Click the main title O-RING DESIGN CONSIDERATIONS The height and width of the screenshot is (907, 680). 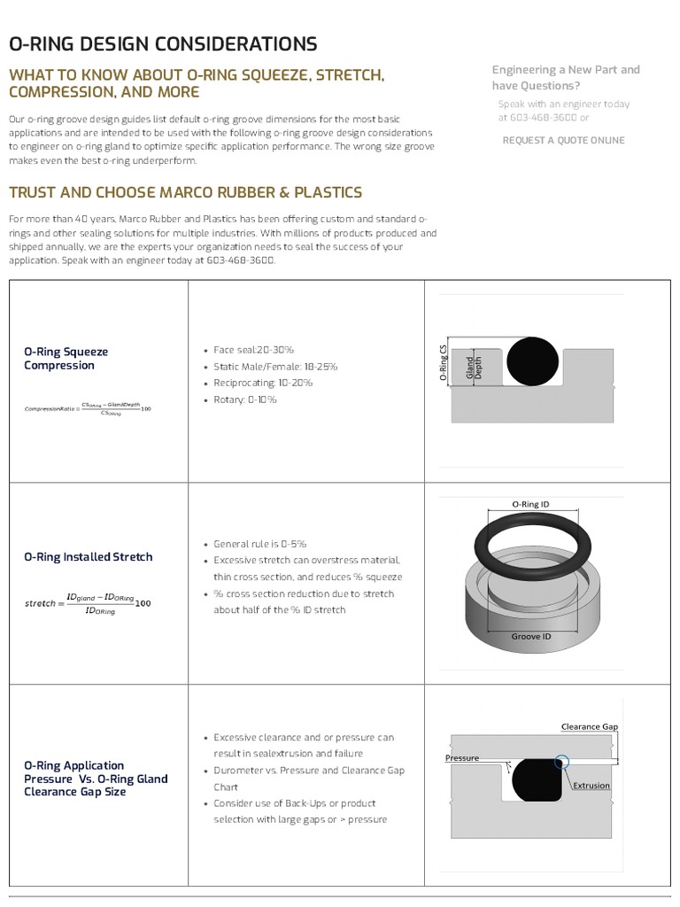click(x=163, y=44)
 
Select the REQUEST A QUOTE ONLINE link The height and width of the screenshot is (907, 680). click(x=563, y=140)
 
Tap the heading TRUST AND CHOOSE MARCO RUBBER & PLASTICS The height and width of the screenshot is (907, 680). click(x=185, y=192)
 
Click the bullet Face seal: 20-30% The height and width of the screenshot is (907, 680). click(x=253, y=350)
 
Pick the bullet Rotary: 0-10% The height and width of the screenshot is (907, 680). click(x=244, y=399)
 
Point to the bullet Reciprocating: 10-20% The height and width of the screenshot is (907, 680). click(x=263, y=383)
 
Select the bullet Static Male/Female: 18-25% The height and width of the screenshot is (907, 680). click(x=275, y=366)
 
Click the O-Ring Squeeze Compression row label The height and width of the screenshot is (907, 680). click(x=66, y=359)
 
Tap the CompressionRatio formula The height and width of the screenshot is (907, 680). click(x=88, y=408)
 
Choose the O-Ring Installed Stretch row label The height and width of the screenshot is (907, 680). click(x=88, y=557)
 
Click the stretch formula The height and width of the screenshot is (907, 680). click(x=88, y=603)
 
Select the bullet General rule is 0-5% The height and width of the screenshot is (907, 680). click(x=259, y=544)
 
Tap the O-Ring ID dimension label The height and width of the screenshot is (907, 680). click(x=531, y=504)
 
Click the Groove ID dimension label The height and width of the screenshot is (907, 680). click(x=531, y=636)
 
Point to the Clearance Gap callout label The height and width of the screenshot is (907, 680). click(x=589, y=726)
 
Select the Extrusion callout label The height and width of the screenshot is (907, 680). click(x=591, y=786)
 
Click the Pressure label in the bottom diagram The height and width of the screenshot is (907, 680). click(x=462, y=758)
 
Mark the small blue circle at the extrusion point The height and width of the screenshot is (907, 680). click(x=561, y=761)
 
